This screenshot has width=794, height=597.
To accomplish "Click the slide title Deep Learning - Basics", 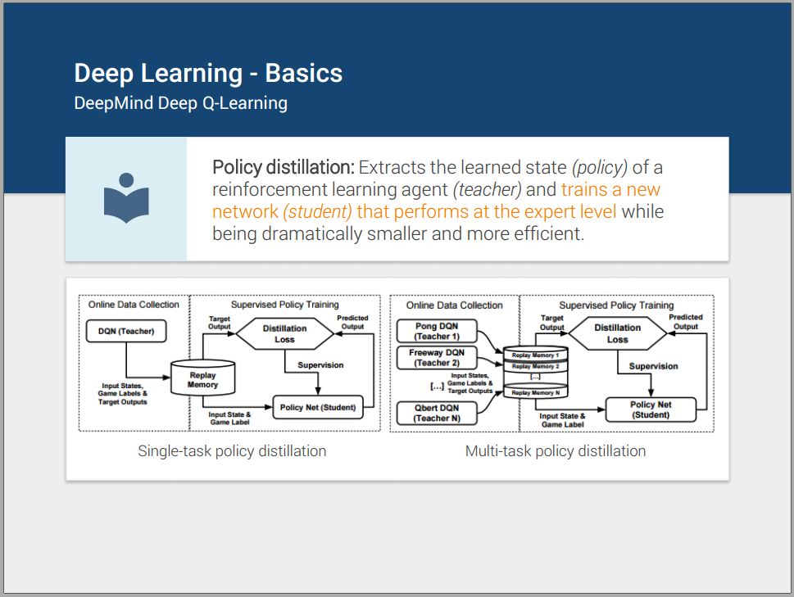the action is [208, 74].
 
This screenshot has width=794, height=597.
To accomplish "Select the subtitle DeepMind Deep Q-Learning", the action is [180, 103].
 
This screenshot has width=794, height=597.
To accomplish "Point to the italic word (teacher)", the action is [488, 190].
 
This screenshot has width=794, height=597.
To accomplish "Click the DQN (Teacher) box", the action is [125, 332].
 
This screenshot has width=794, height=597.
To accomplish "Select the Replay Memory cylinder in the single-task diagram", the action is [202, 379].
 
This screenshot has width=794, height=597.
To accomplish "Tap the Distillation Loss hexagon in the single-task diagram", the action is [284, 333].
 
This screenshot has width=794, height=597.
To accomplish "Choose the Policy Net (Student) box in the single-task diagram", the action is [317, 406].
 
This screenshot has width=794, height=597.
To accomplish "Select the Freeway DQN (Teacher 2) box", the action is [436, 358].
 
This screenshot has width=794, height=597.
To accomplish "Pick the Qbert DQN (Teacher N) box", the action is [436, 413].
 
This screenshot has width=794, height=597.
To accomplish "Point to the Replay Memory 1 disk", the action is [533, 355].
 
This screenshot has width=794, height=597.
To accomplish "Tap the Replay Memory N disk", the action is [533, 393].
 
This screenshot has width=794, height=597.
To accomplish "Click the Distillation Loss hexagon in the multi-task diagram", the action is [617, 333].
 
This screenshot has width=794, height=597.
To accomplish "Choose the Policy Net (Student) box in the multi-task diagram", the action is [650, 409].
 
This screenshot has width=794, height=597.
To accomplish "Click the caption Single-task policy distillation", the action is [232, 451].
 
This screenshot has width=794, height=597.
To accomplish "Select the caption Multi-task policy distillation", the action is [556, 451].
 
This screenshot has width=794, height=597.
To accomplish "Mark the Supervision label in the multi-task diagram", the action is [653, 366].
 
